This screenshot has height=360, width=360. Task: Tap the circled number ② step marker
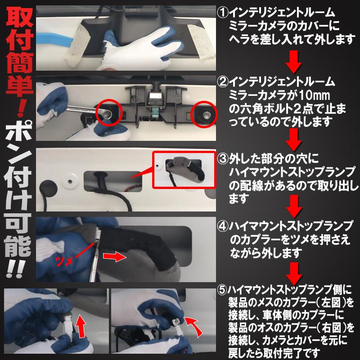click(x=222, y=82)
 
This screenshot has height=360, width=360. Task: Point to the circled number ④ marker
click(x=222, y=225)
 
